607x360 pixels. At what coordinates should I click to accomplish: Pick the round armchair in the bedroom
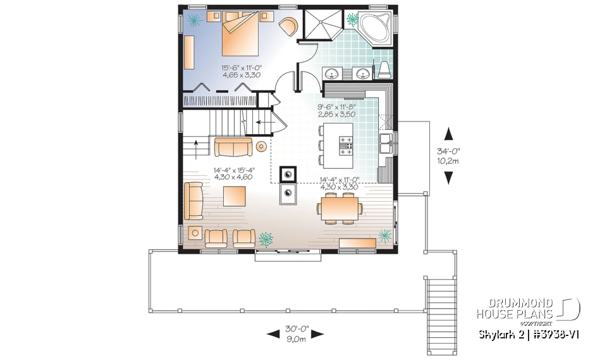(288, 26)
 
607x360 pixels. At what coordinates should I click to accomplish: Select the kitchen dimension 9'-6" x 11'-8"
(337, 111)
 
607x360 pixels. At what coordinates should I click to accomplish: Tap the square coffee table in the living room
(234, 194)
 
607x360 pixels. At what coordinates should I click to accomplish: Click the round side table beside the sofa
(261, 147)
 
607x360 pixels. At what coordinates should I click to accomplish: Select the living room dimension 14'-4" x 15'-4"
(233, 173)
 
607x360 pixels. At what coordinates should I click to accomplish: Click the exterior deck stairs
(441, 301)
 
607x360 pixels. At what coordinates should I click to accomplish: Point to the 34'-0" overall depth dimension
(448, 156)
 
